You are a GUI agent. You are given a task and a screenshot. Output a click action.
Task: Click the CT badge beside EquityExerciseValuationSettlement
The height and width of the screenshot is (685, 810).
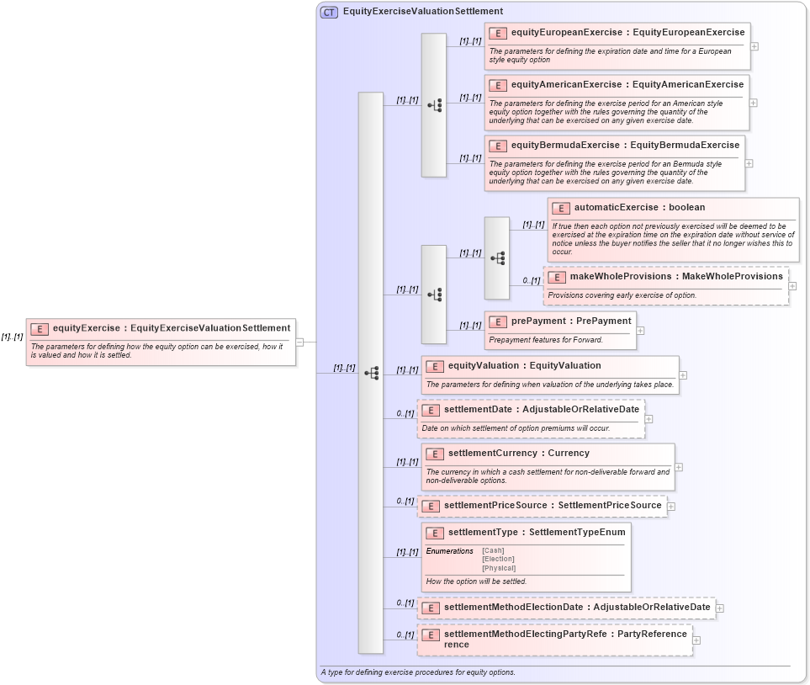(329, 12)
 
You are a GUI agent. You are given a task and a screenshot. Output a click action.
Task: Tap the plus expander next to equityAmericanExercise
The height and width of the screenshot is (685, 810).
(753, 103)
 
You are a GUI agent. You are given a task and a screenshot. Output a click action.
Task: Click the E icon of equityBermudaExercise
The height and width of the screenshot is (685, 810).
(498, 146)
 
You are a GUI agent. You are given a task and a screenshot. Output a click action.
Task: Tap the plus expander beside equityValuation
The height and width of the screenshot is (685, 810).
(683, 375)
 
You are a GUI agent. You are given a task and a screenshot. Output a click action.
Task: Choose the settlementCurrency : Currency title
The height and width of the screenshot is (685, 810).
(518, 453)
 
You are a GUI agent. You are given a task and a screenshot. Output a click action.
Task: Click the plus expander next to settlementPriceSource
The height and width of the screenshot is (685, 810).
(671, 506)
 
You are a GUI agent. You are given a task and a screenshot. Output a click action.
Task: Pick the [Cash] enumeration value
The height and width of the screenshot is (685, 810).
(493, 550)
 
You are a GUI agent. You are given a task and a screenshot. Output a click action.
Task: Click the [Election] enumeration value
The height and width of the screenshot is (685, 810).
(498, 559)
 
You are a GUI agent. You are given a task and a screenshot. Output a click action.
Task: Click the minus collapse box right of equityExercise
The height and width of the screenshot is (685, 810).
(299, 342)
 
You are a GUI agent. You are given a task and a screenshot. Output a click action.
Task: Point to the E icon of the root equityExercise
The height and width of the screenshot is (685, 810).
(40, 329)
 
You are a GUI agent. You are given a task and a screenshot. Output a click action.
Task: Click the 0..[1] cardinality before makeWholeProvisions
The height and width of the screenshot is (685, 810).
(531, 280)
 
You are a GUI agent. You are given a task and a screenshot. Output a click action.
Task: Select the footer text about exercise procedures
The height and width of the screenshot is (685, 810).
(418, 672)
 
